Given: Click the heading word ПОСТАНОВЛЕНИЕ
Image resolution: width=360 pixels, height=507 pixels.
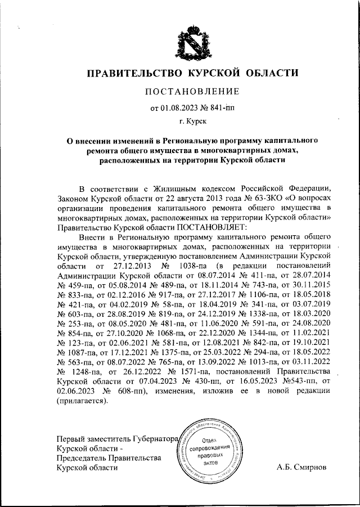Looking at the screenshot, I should tap(193, 91).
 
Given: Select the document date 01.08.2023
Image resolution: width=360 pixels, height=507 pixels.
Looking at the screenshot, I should tap(181, 108).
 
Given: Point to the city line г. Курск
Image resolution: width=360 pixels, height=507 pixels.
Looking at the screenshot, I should tap(192, 121).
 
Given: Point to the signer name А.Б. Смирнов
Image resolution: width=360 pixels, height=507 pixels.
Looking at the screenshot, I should tap(301, 468).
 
